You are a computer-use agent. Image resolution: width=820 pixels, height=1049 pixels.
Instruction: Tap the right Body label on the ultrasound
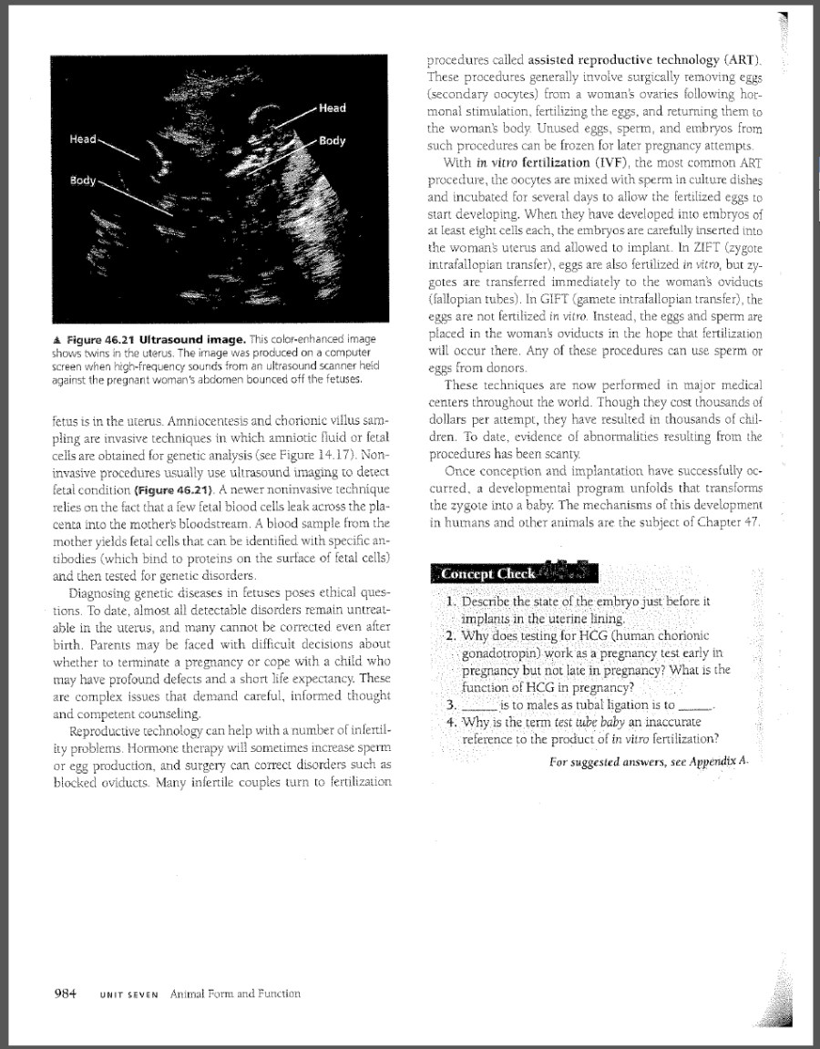332,142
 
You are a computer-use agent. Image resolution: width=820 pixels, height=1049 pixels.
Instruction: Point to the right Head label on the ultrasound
333,108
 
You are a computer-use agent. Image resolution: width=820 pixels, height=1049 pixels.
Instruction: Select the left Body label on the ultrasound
83,180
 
